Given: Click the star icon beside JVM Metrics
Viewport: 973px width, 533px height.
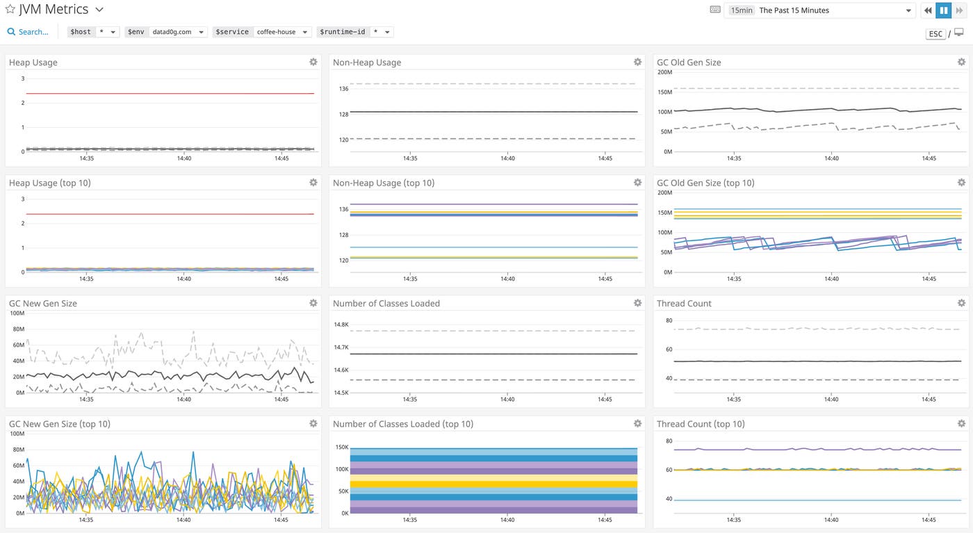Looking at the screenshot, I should pyautogui.click(x=10, y=10).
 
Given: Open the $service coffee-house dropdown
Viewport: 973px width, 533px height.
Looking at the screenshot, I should pyautogui.click(x=281, y=32).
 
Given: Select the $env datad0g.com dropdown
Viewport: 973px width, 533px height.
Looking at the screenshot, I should pyautogui.click(x=177, y=32).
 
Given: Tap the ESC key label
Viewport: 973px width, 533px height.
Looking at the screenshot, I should pyautogui.click(x=935, y=33).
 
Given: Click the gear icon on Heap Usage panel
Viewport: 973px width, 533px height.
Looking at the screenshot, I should pyautogui.click(x=313, y=62).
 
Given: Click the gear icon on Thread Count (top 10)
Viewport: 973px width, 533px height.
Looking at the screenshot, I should pyautogui.click(x=961, y=423).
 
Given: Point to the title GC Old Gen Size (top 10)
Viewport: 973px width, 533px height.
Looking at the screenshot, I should pyautogui.click(x=705, y=183).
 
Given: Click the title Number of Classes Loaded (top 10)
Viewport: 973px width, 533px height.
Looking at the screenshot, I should pyautogui.click(x=402, y=424).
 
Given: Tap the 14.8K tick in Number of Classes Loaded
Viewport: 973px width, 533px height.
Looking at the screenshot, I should pyautogui.click(x=341, y=325).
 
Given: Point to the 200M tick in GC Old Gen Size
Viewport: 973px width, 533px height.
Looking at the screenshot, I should pyautogui.click(x=664, y=72).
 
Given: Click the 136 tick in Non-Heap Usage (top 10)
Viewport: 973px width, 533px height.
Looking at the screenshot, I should pyautogui.click(x=343, y=209).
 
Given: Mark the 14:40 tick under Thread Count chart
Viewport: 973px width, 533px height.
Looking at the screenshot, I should pyautogui.click(x=831, y=400).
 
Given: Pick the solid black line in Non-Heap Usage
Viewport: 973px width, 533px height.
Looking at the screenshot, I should pyautogui.click(x=486, y=112).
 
